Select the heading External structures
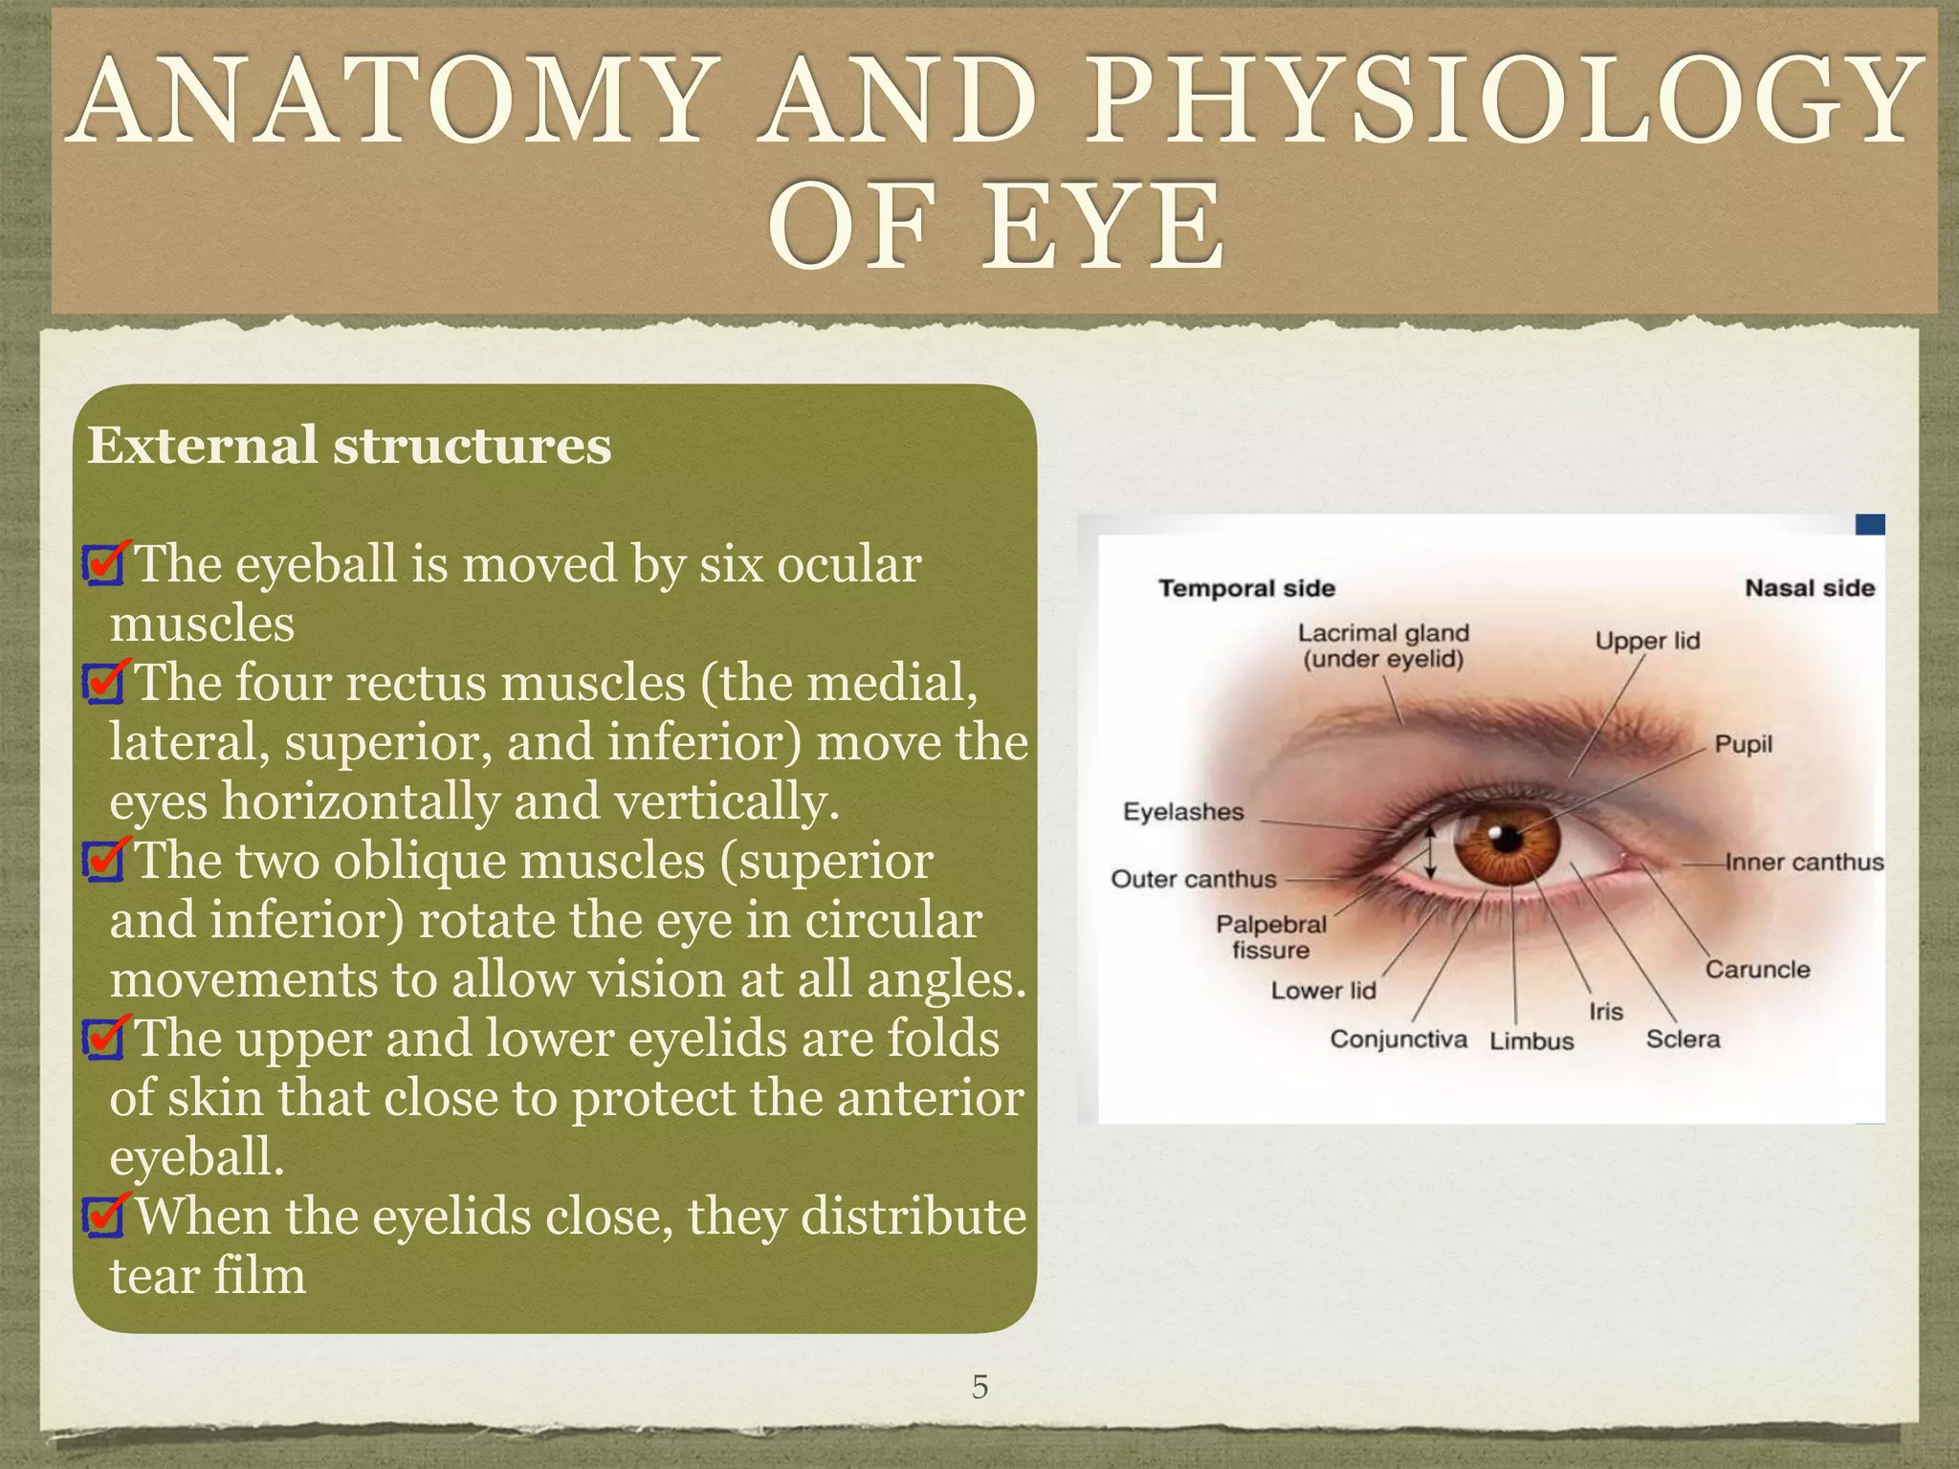click(349, 446)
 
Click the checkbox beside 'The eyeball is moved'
click(103, 565)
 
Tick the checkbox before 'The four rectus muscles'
click(103, 683)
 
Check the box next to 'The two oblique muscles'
click(103, 862)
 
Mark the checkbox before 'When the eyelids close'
click(103, 1217)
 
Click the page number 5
click(979, 1387)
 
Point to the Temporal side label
click(1246, 588)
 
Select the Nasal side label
click(1809, 588)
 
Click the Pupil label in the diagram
click(1743, 744)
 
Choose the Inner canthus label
click(1804, 862)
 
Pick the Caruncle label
click(1757, 969)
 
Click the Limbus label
click(1531, 1041)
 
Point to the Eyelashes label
click(1183, 812)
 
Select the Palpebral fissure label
click(1271, 937)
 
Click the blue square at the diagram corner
click(1870, 524)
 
